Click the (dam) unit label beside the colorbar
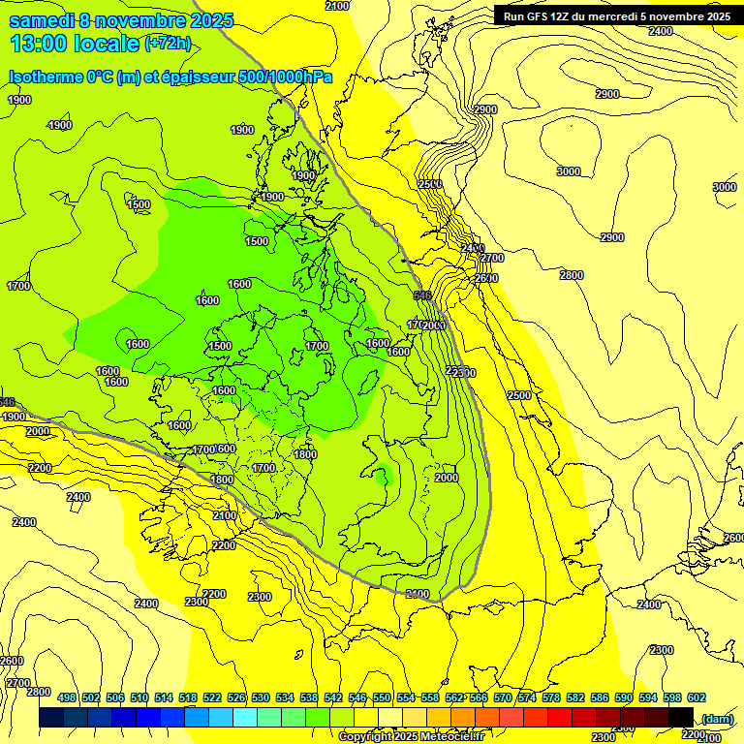pos(717,718)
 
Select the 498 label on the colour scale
pos(67,697)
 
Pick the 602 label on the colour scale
pos(696,697)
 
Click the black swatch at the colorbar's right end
pos(681,717)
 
